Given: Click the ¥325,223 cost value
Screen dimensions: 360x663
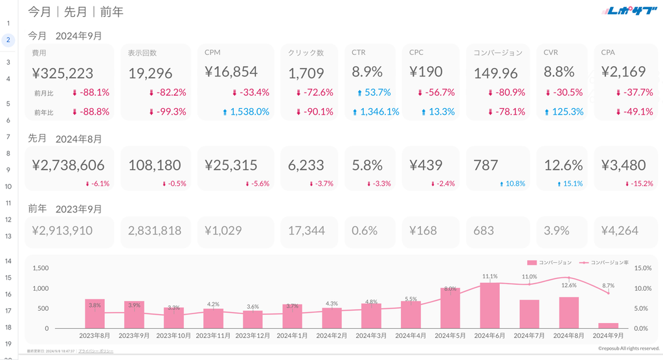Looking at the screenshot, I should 63,73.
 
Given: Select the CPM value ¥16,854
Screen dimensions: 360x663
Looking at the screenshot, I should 231,72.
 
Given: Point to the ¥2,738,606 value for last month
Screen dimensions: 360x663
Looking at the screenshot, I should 68,166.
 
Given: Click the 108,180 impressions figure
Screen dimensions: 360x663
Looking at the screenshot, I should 155,166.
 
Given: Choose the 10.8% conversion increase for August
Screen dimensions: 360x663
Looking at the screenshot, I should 513,184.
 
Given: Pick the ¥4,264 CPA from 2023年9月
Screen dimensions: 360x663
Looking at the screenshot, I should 620,231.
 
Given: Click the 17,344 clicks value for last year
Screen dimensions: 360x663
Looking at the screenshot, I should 307,231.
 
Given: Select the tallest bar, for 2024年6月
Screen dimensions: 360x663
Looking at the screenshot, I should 489,305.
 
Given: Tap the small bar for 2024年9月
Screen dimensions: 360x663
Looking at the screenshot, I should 608,325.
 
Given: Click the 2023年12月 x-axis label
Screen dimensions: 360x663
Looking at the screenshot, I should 253,335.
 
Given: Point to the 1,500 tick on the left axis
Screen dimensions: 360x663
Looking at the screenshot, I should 40,267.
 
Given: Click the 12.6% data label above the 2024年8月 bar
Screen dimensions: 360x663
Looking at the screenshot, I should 568,285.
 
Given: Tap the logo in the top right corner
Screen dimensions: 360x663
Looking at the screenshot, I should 629,11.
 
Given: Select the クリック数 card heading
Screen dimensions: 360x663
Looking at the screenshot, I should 306,52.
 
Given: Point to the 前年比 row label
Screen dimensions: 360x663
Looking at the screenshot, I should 43,112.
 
